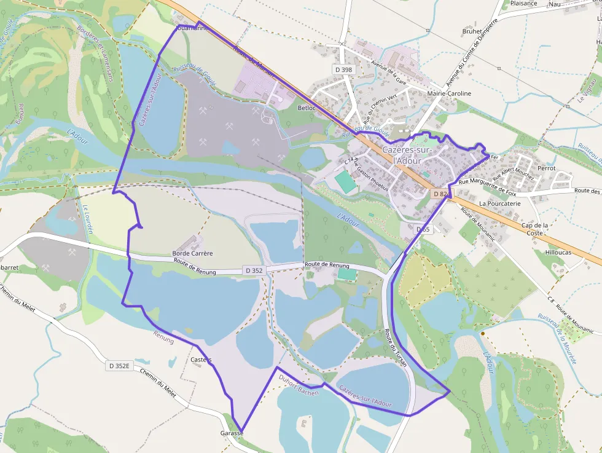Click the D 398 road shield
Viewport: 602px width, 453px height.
click(344, 69)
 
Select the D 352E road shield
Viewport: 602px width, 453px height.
click(119, 366)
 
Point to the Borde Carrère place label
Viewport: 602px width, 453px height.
click(192, 253)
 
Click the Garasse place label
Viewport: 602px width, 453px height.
click(232, 433)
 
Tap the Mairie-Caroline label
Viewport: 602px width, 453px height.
click(449, 93)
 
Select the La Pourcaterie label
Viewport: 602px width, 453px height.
click(500, 203)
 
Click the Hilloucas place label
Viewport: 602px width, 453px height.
click(558, 253)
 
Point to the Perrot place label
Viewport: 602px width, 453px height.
click(546, 168)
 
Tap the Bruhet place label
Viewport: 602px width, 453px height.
click(472, 31)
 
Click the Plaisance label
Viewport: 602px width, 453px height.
click(523, 3)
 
